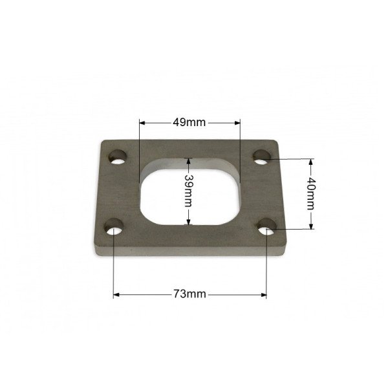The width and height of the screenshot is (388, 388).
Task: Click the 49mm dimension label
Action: pos(189,122)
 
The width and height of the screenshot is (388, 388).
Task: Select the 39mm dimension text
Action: pos(189,191)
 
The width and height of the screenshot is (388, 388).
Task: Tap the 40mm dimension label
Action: pos(311,194)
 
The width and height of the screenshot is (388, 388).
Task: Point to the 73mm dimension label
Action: pos(189,294)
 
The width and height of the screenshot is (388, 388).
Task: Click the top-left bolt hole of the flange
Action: pos(118,157)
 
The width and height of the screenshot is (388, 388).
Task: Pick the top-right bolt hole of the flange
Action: pos(262,157)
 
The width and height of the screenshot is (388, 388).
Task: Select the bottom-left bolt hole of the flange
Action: pos(114,226)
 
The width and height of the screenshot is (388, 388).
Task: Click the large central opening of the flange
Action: pos(189,195)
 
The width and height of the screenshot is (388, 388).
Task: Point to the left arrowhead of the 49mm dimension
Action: pos(142,122)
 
